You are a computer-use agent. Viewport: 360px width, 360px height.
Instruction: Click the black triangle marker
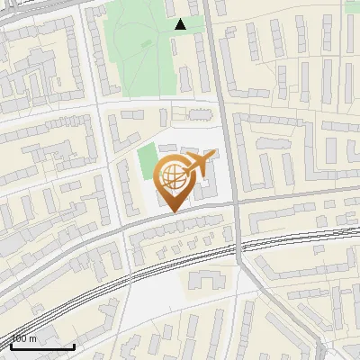click(x=181, y=24)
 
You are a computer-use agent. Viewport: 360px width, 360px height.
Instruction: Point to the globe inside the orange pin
click(x=171, y=175)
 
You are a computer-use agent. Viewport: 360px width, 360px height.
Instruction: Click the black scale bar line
click(x=42, y=346)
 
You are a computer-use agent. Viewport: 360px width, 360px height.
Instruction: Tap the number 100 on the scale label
click(x=20, y=338)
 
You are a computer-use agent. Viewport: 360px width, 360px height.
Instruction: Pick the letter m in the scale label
click(x=33, y=339)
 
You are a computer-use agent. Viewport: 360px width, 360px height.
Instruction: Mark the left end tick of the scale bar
click(x=12, y=345)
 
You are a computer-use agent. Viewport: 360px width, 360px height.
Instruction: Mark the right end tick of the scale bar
click(x=74, y=345)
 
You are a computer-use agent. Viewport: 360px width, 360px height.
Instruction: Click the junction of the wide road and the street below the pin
click(x=236, y=203)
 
